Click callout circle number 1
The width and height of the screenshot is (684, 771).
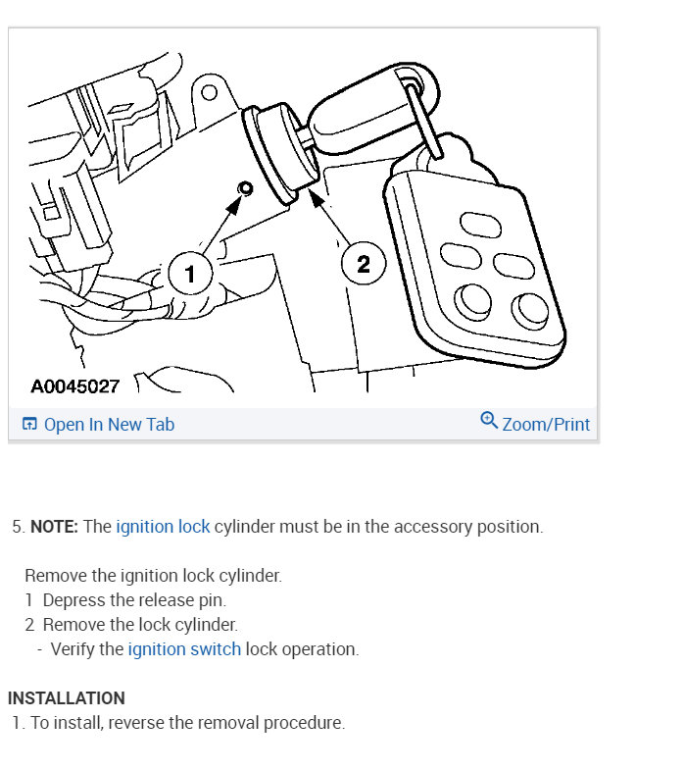190,273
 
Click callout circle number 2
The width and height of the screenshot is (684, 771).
363,263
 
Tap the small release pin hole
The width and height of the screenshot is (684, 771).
245,188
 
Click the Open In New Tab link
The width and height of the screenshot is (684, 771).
109,424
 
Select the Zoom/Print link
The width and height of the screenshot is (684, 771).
546,424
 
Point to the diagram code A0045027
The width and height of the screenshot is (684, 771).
74,386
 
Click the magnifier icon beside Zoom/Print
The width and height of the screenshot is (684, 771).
489,421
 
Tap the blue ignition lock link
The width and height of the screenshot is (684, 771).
163,527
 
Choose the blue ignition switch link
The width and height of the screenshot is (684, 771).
184,649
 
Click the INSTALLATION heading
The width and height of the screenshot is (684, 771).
67,698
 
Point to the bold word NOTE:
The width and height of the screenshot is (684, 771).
54,527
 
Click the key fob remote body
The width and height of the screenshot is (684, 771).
475,265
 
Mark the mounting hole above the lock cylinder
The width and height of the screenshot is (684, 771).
209,94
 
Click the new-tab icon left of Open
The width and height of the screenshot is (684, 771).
29,424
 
